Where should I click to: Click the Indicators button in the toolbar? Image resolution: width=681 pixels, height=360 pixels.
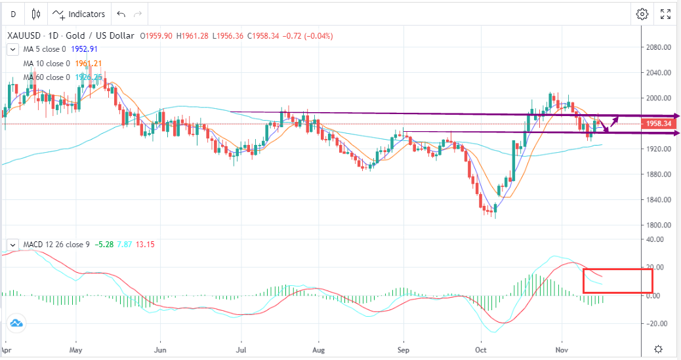79,14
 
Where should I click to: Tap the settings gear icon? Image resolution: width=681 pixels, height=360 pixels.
642,14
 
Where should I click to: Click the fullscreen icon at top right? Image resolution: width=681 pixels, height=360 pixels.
665,14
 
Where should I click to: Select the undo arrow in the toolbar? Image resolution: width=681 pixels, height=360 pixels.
121,14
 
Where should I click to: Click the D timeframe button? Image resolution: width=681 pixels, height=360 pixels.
12,14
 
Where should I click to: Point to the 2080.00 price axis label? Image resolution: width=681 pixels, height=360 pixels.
658,47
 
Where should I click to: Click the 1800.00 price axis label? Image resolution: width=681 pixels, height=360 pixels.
658,225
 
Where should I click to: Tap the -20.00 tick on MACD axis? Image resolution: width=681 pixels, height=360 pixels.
658,323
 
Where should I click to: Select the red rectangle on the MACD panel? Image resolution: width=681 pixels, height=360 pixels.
617,281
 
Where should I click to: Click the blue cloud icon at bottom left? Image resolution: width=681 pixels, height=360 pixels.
16,323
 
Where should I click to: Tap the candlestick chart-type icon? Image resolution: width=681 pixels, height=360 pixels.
35,14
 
